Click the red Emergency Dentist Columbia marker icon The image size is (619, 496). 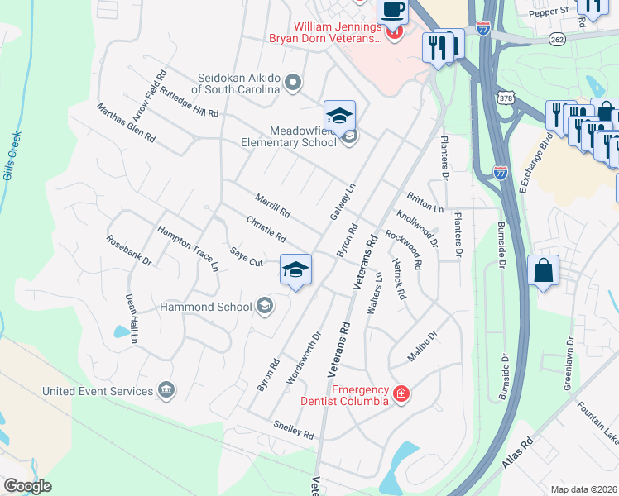[x=401, y=393]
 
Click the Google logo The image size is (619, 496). [x=27, y=486]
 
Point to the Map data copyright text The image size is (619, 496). [x=584, y=489]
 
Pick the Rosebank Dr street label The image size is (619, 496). [x=129, y=250]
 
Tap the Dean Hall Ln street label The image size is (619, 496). [x=131, y=318]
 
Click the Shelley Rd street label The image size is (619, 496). [x=295, y=430]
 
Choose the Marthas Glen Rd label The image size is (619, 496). [x=126, y=124]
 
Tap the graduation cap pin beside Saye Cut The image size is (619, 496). [x=295, y=269]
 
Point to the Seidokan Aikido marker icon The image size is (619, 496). [x=293, y=83]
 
